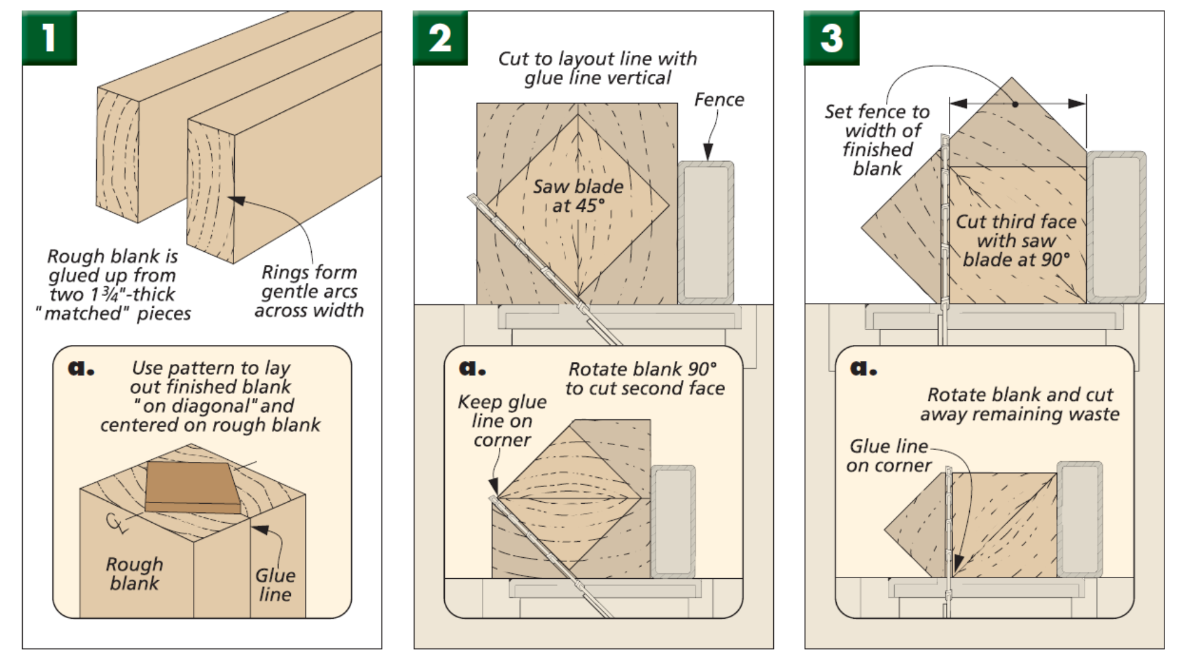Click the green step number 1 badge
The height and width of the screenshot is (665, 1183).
49,38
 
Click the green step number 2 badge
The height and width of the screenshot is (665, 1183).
440,38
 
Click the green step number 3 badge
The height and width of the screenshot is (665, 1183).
831,38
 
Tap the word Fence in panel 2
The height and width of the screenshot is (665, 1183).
718,100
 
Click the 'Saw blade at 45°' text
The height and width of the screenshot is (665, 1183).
578,196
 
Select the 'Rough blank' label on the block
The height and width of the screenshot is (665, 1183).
134,573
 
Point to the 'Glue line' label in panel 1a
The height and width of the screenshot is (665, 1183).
275,584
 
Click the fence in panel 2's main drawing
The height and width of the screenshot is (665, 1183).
706,233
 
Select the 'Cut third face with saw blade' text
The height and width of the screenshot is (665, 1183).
1016,240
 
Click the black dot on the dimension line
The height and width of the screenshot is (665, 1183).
1015,104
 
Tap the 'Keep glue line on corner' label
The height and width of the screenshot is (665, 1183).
502,421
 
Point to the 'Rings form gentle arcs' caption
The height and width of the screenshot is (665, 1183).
309,291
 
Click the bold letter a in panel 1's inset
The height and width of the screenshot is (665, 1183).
80,368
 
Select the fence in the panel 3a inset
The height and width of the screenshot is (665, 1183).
1079,518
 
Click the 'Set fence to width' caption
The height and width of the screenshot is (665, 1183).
877,140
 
